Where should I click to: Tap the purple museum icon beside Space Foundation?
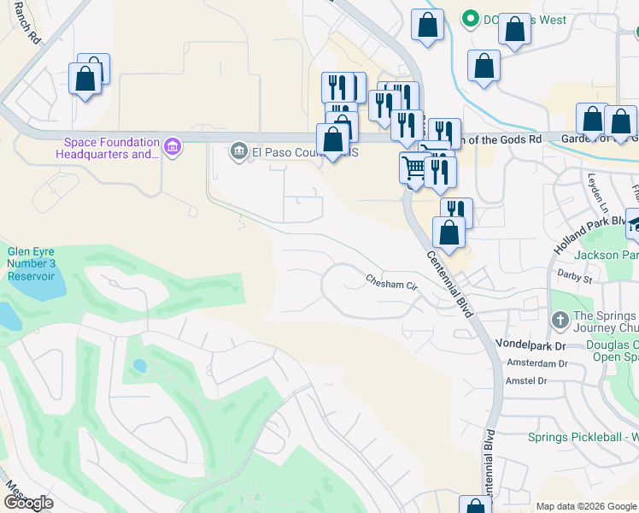click(173, 148)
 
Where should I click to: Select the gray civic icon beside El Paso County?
click(238, 152)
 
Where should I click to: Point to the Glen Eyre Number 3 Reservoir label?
click(32, 264)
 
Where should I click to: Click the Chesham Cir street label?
click(391, 281)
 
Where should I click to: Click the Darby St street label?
click(576, 278)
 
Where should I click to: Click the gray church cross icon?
click(559, 321)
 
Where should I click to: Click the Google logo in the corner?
click(28, 503)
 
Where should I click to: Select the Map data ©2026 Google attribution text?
click(586, 506)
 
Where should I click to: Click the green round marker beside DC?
click(469, 19)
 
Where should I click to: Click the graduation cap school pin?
click(635, 225)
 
